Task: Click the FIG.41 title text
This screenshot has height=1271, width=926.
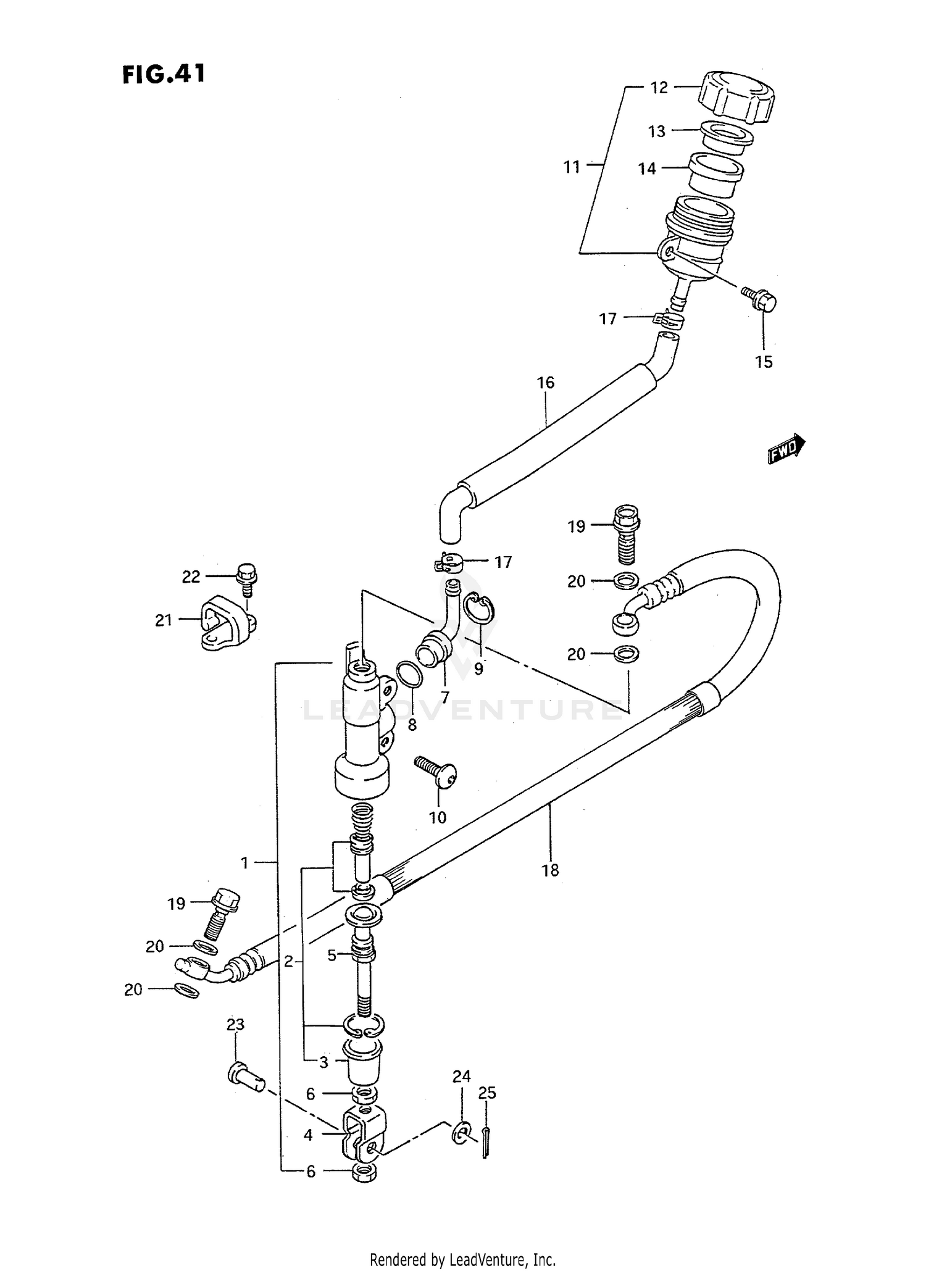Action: point(163,74)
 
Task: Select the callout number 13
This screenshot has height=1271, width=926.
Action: point(656,131)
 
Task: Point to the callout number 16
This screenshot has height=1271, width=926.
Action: point(545,383)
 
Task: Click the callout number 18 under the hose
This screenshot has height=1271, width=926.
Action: point(549,870)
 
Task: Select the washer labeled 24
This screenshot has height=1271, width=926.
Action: point(460,1133)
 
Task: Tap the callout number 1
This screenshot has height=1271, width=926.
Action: point(244,862)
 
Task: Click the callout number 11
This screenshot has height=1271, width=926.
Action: point(572,167)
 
